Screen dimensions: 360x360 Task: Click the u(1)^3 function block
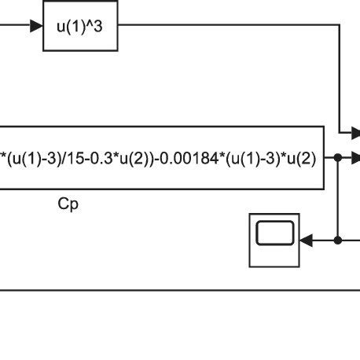tap(80, 27)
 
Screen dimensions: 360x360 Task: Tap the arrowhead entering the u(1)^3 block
tap(37, 27)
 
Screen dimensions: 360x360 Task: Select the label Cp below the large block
tap(69, 204)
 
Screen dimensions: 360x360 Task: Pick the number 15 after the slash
tap(85, 158)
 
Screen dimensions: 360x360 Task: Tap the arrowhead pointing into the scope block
tap(307, 239)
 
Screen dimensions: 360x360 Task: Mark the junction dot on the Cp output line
tap(337, 157)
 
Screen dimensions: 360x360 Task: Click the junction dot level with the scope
tap(337, 239)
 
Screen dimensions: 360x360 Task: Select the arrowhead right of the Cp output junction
tap(354, 157)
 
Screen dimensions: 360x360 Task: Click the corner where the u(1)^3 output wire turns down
tap(337, 27)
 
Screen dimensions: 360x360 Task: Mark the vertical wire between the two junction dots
tap(337, 198)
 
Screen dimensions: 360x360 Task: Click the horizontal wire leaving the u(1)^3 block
tap(228, 27)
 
